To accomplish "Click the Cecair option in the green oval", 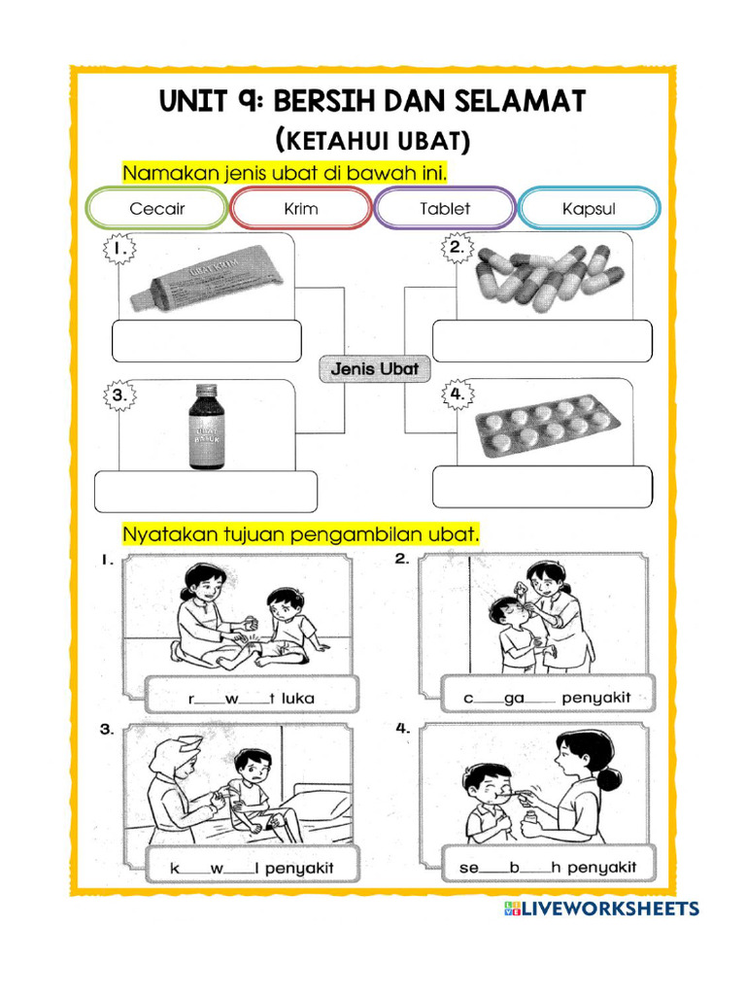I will (x=157, y=209).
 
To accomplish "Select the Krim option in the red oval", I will (x=301, y=209).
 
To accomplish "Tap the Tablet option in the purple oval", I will (x=445, y=209).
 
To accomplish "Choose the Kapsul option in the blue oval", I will (x=589, y=209).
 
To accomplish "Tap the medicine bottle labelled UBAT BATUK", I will (x=206, y=428).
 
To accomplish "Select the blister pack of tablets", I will (x=547, y=426).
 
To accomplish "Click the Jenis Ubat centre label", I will (x=375, y=369).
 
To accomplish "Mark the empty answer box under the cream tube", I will (x=207, y=341).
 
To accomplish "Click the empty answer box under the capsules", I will (x=542, y=341).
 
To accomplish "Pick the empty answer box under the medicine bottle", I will (x=206, y=491).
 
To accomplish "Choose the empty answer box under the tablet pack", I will (x=542, y=487).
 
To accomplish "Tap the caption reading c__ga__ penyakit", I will (x=548, y=697).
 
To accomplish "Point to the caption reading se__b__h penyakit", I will (x=548, y=865).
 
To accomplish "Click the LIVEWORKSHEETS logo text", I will (x=610, y=909).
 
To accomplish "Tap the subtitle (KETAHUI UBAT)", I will (x=374, y=142).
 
